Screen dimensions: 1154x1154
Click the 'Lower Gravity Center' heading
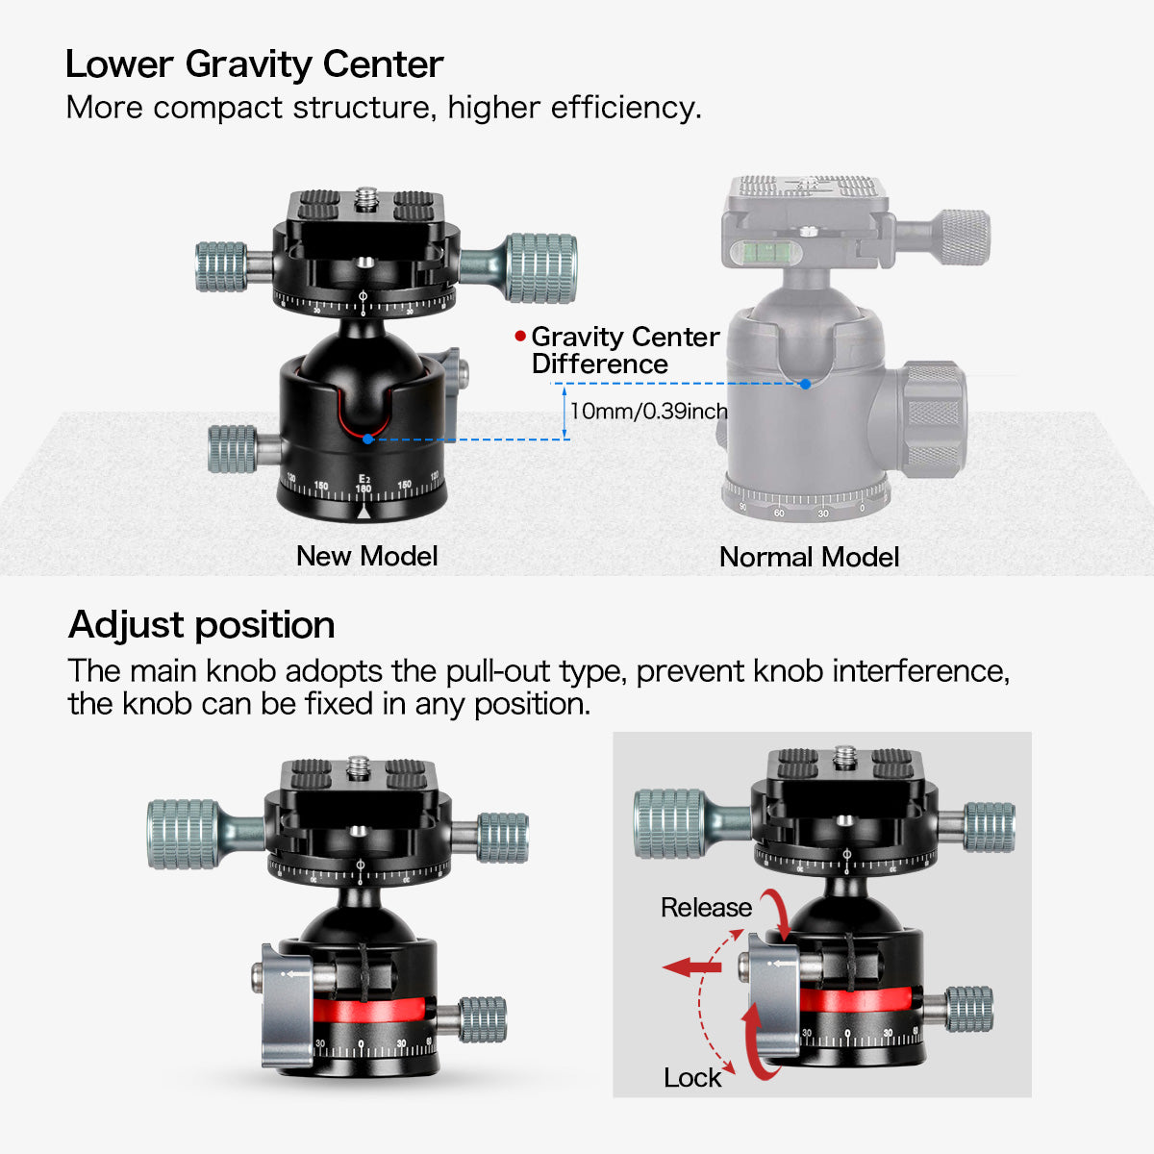[x=254, y=64]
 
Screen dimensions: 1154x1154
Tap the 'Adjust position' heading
[x=201, y=625]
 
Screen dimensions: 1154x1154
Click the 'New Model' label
[x=367, y=556]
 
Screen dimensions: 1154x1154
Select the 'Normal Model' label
[x=809, y=557]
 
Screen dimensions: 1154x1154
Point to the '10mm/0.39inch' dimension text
[x=649, y=411]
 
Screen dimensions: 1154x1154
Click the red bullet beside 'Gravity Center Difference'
[x=520, y=336]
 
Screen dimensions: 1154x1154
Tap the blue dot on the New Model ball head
[x=367, y=439]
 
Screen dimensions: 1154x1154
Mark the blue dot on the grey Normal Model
[x=806, y=384]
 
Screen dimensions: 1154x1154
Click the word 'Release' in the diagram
[x=706, y=907]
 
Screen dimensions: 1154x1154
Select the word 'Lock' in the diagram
[x=692, y=1078]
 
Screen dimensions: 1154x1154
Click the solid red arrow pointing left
[x=691, y=966]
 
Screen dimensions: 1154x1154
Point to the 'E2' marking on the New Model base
[x=364, y=479]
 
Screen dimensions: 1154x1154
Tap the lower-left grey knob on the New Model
[x=233, y=448]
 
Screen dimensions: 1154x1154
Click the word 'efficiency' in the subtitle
[x=623, y=109]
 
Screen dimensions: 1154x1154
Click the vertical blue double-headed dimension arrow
[x=564, y=413]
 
